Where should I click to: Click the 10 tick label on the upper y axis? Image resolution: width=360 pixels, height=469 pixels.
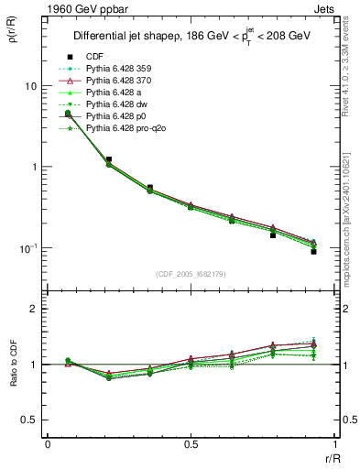(30, 86)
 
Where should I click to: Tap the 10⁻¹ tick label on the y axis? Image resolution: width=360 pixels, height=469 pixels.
(27, 248)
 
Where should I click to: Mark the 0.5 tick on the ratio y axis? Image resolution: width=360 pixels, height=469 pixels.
(31, 420)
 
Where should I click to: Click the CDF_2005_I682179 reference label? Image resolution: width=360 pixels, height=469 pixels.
(191, 274)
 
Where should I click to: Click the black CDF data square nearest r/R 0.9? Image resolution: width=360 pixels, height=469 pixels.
(313, 251)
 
